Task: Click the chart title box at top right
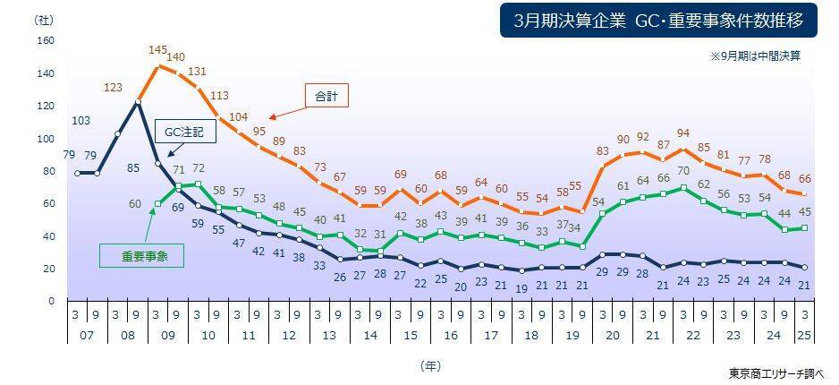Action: tap(657, 20)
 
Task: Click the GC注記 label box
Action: tap(185, 132)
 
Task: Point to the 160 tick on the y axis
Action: tap(47, 41)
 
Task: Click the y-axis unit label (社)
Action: tap(42, 19)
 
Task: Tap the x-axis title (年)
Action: tap(430, 365)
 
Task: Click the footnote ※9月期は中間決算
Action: tap(755, 56)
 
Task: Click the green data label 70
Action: tap(683, 171)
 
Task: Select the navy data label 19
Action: tap(521, 287)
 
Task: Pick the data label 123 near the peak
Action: tap(113, 87)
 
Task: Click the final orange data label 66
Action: tap(806, 178)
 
